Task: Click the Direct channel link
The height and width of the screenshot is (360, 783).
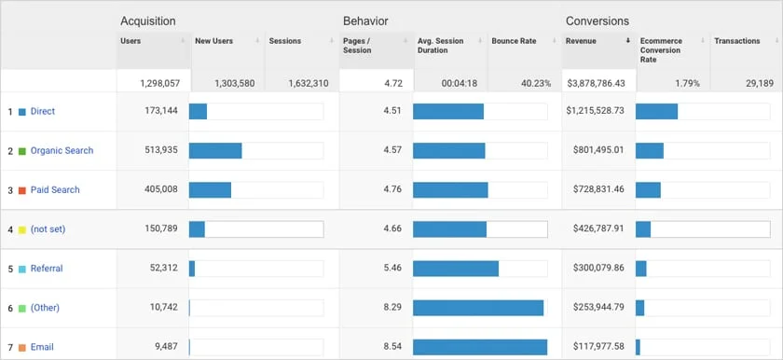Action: pos(42,112)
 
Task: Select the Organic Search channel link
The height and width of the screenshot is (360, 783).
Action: pos(62,151)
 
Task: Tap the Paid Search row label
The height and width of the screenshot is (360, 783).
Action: pos(55,190)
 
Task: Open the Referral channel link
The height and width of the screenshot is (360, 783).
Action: pos(47,269)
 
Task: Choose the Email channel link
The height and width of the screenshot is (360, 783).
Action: pos(42,347)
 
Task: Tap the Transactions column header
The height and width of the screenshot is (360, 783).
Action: pos(736,41)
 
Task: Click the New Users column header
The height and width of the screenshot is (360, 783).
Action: pos(213,41)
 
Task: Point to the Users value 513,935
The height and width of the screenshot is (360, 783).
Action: pos(158,151)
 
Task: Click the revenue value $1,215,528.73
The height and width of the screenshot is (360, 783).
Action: pos(595,112)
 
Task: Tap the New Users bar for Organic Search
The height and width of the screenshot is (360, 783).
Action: pos(215,151)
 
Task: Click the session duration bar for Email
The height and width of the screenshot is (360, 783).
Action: pos(479,347)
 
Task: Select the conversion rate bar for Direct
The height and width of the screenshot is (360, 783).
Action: pos(656,112)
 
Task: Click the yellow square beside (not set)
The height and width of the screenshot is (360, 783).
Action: pos(22,229)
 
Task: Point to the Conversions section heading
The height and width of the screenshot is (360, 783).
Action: pos(597,21)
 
